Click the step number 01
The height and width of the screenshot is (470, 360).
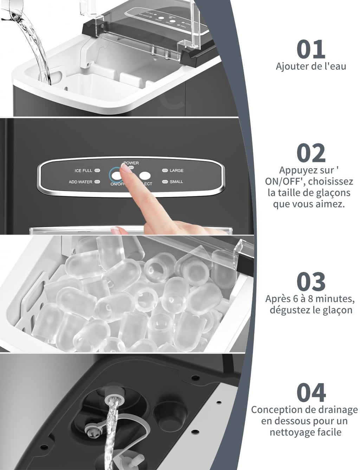click(x=311, y=49)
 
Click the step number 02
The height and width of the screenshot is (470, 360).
click(x=311, y=153)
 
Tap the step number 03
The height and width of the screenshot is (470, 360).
click(x=311, y=281)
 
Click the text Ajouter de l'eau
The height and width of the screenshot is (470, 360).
click(x=311, y=66)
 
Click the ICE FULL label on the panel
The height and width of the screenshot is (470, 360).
click(x=83, y=171)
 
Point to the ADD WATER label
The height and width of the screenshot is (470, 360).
click(x=81, y=182)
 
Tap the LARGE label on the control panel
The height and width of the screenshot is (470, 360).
click(x=176, y=171)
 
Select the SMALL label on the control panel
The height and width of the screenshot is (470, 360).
click(x=176, y=182)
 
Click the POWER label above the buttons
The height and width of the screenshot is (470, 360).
click(x=131, y=163)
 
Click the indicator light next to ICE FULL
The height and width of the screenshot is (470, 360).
click(x=97, y=171)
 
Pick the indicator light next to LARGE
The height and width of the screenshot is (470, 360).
click(x=165, y=171)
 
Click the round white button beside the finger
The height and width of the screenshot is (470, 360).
click(x=145, y=176)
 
